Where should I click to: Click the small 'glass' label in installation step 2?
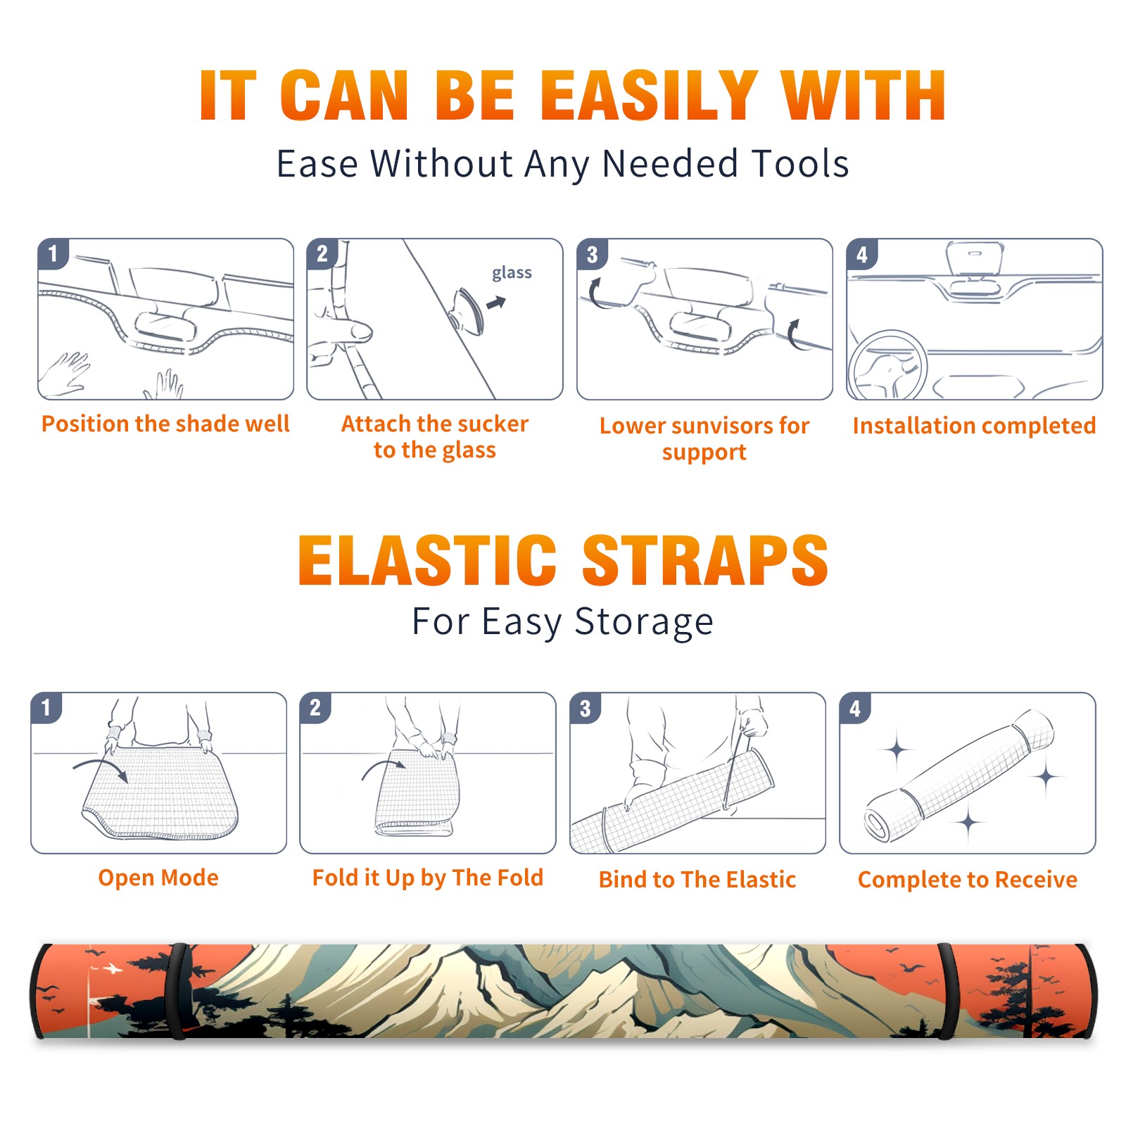coord(512,273)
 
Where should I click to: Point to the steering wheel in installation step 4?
coord(888,366)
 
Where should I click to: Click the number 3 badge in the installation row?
coord(592,254)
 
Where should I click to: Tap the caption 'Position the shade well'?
coord(165,424)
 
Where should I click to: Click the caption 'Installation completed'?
coord(974,425)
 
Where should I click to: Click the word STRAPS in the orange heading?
coord(705,560)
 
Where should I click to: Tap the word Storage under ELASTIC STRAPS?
coord(644,622)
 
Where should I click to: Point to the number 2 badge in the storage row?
coord(315,708)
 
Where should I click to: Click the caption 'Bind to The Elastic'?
coord(697,879)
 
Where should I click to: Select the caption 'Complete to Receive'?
coord(967,879)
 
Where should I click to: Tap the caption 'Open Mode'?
coord(158,878)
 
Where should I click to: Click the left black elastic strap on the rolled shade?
coord(179,991)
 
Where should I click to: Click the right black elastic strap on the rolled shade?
coord(947,991)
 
